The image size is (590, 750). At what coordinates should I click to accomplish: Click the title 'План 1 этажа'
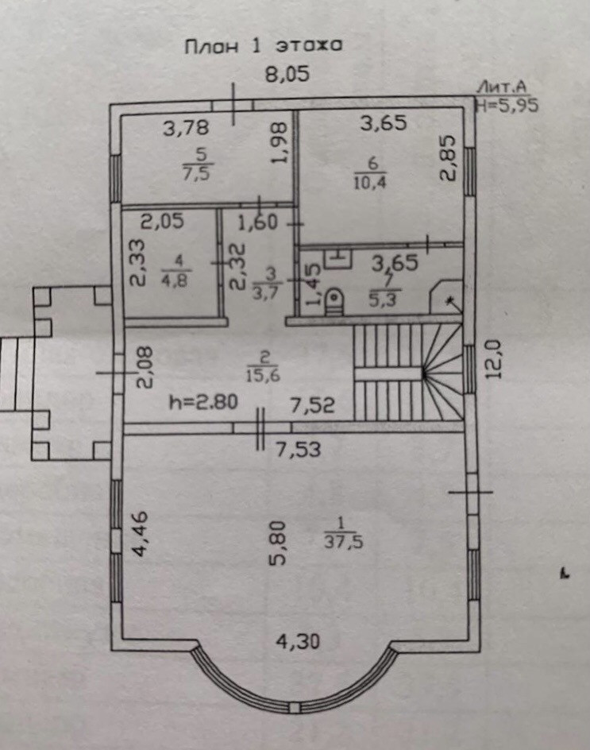click(x=264, y=46)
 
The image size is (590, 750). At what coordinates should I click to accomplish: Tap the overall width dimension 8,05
click(x=286, y=75)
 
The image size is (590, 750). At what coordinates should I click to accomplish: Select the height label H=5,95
click(x=506, y=103)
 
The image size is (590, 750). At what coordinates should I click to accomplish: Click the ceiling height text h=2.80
click(x=203, y=402)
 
